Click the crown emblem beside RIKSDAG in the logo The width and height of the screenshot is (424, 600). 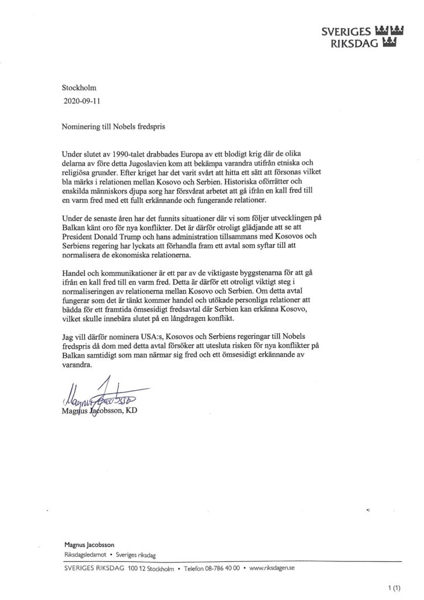coord(389,42)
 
